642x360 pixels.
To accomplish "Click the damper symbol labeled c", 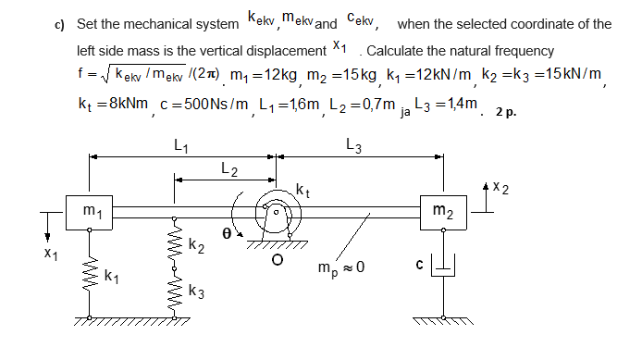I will click(x=444, y=269).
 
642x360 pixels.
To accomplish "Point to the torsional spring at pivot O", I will click(x=275, y=214).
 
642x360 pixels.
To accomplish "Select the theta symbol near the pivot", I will click(x=226, y=235).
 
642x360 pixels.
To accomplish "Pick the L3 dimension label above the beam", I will click(x=354, y=144).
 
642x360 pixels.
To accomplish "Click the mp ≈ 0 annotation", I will click(x=340, y=267).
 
